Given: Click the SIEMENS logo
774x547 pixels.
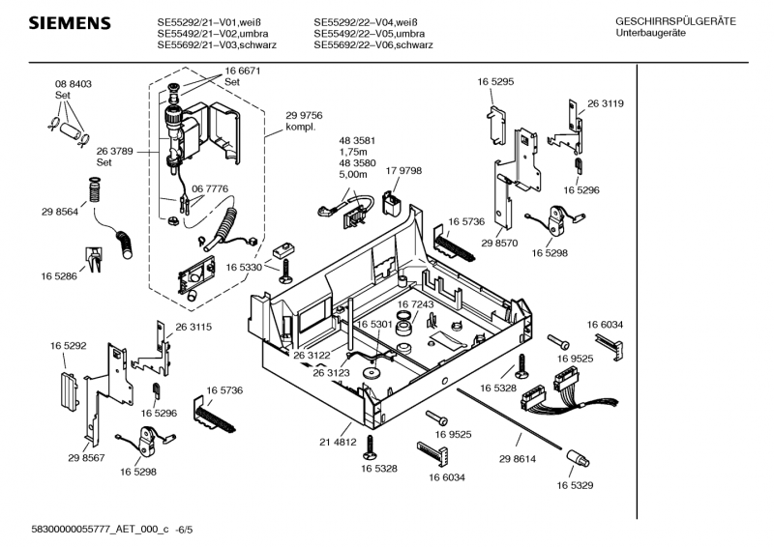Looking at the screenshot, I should pyautogui.click(x=65, y=23).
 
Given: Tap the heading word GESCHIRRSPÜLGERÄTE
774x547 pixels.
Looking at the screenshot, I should pyautogui.click(x=675, y=21).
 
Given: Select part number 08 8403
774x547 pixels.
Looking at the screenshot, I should pyautogui.click(x=73, y=85).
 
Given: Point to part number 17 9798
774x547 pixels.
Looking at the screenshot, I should pyautogui.click(x=403, y=171).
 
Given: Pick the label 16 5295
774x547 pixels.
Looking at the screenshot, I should pyautogui.click(x=494, y=83).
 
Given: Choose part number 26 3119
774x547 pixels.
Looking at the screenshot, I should pyautogui.click(x=605, y=103).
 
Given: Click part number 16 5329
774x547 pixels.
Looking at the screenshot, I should pyautogui.click(x=576, y=485).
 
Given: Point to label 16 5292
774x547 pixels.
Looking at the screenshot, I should pyautogui.click(x=69, y=344).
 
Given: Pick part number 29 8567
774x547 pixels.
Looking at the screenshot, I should pyautogui.click(x=86, y=457).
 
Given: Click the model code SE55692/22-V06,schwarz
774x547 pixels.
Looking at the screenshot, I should pyautogui.click(x=372, y=45).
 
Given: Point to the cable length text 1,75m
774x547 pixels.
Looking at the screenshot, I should pyautogui.click(x=352, y=152).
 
